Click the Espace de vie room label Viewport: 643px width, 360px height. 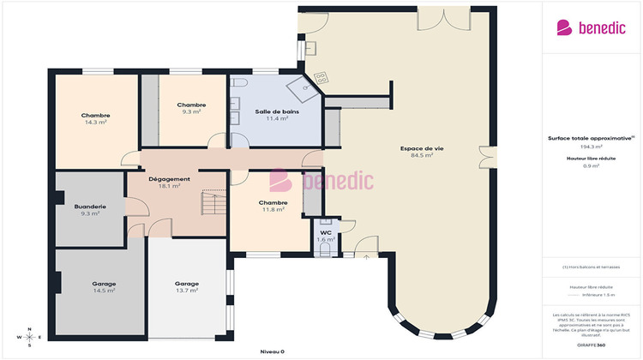click(416, 148)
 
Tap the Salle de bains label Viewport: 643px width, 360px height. click(277, 112)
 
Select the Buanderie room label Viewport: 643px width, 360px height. click(90, 207)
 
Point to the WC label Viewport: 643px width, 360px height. click(326, 232)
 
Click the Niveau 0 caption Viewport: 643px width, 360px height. click(273, 352)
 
